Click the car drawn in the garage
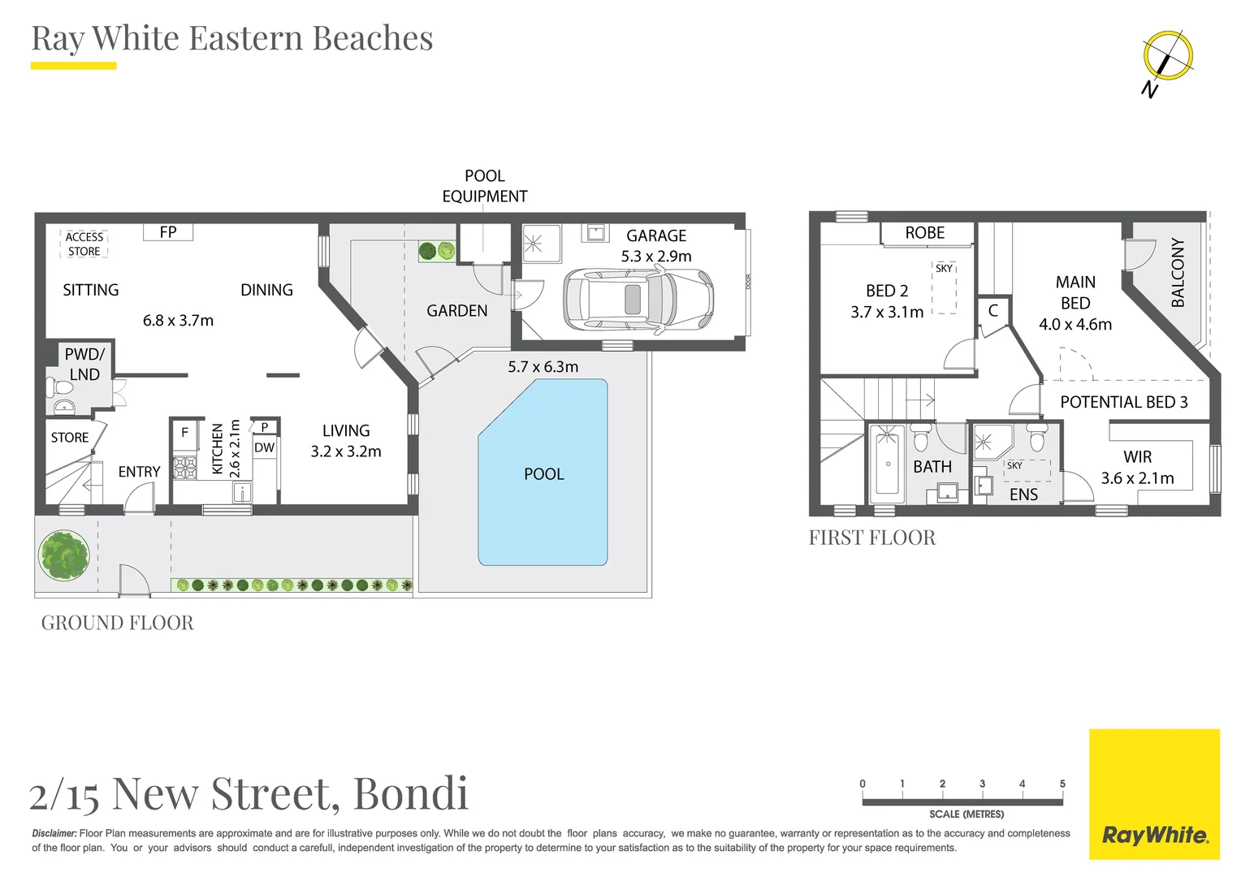(638, 300)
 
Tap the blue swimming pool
(543, 473)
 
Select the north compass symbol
(1167, 56)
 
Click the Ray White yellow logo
(1154, 794)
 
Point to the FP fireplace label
(168, 232)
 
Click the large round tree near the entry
(63, 555)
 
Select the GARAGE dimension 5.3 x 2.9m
(656, 257)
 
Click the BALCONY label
(1178, 273)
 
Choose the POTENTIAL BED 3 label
(1123, 402)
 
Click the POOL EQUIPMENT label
(484, 186)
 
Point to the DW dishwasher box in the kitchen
(264, 447)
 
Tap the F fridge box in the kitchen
(184, 433)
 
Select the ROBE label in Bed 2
(924, 233)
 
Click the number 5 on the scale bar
(1062, 784)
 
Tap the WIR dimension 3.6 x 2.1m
(1137, 478)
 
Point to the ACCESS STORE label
(84, 244)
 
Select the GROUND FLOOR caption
(118, 623)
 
